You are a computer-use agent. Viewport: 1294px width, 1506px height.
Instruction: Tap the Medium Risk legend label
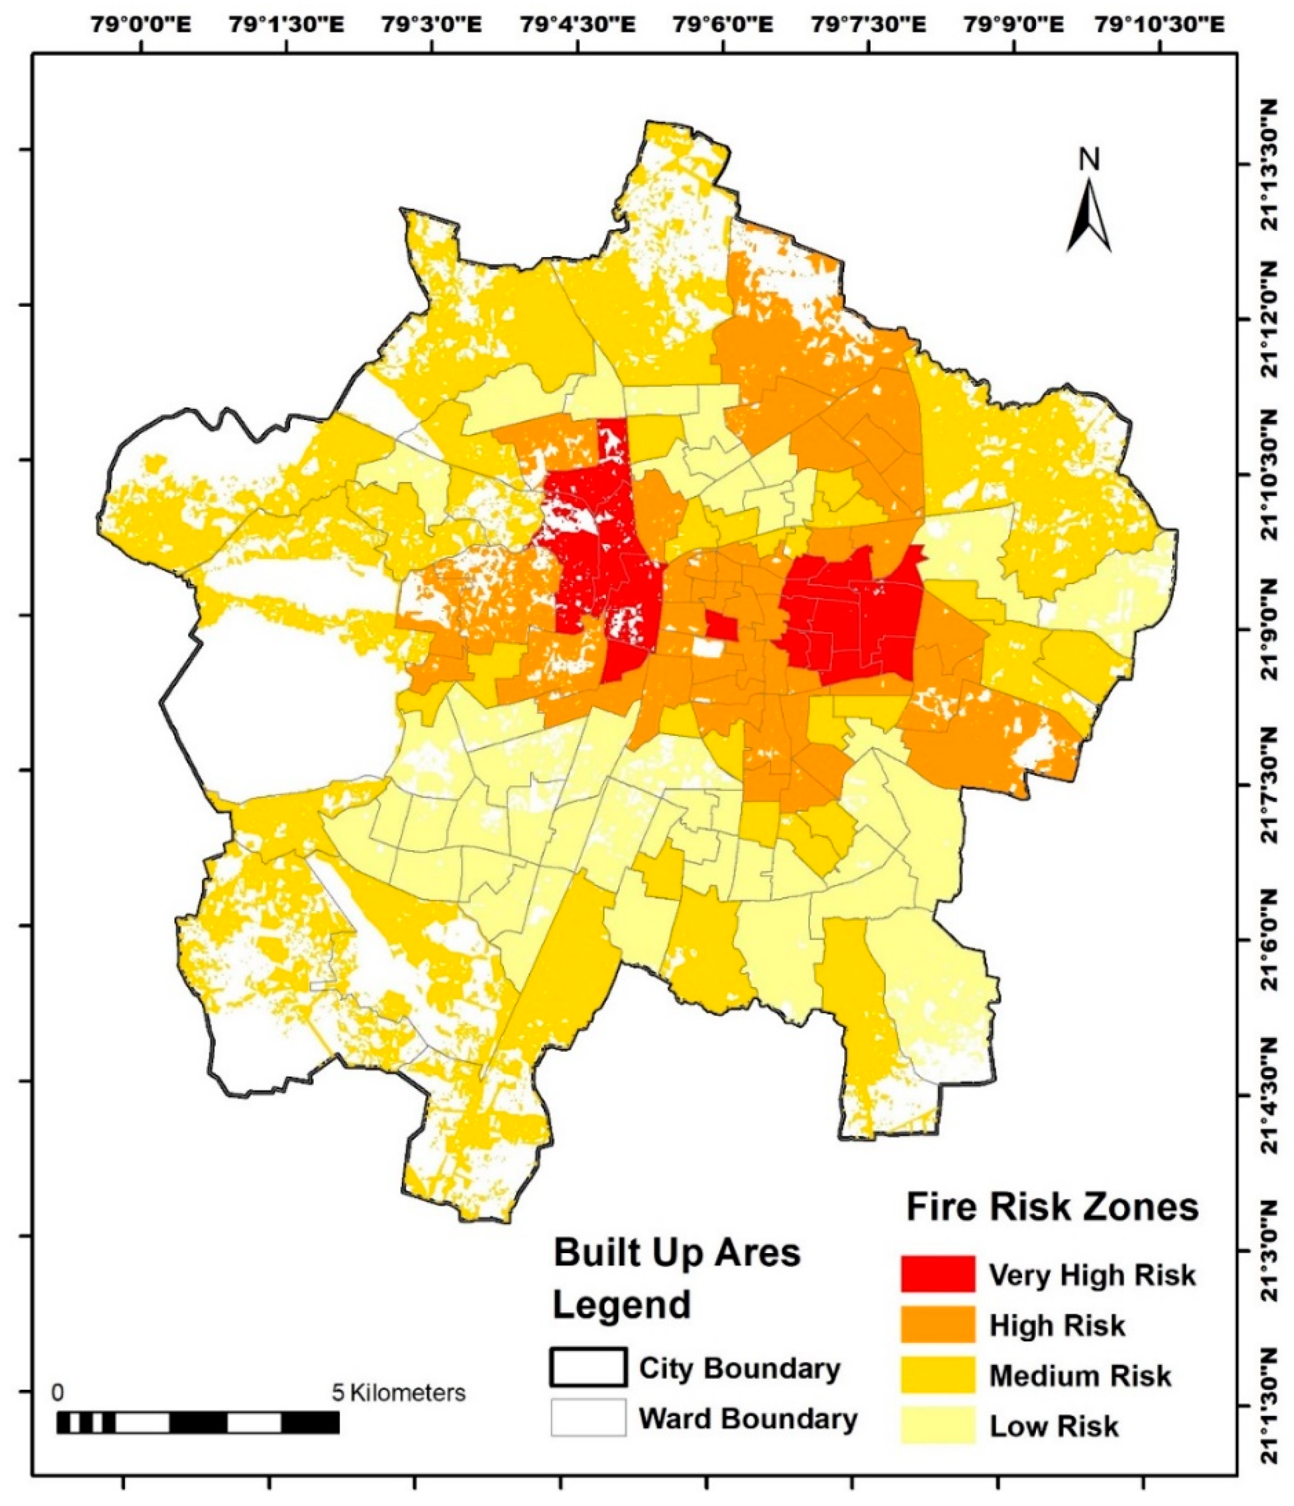click(1080, 1375)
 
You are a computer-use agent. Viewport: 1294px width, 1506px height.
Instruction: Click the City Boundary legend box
click(588, 1367)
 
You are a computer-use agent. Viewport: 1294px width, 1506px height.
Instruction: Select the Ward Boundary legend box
click(588, 1417)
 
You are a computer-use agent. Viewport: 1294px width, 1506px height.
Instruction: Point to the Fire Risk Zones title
click(1051, 1207)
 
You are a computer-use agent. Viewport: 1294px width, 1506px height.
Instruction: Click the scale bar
click(198, 1422)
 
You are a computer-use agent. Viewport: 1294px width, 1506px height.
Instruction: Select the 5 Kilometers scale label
click(398, 1393)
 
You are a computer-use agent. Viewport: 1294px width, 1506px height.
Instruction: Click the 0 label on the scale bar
click(58, 1393)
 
